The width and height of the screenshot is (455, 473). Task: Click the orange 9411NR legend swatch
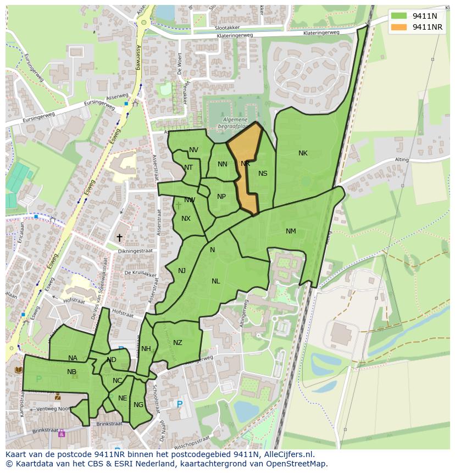tap(399, 27)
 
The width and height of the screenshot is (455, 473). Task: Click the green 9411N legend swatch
tap(399, 16)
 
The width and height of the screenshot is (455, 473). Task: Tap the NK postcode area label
tap(303, 153)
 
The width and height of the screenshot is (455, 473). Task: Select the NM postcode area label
tap(291, 231)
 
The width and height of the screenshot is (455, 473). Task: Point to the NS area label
tap(263, 174)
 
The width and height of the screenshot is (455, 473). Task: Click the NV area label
tap(193, 150)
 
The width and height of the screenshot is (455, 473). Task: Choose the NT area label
tap(188, 168)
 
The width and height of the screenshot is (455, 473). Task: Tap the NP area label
tap(221, 197)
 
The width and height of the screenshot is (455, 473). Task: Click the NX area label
tap(186, 219)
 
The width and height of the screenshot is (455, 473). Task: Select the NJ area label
tap(182, 270)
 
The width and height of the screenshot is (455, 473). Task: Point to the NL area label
tap(215, 281)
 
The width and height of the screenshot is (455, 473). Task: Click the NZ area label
tap(177, 343)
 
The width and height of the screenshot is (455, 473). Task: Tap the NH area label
tap(146, 349)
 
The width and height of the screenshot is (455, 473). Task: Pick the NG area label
tap(138, 405)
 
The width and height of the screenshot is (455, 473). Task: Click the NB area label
tap(71, 372)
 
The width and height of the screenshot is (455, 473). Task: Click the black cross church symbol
tap(119, 237)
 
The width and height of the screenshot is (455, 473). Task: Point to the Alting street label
tap(402, 160)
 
